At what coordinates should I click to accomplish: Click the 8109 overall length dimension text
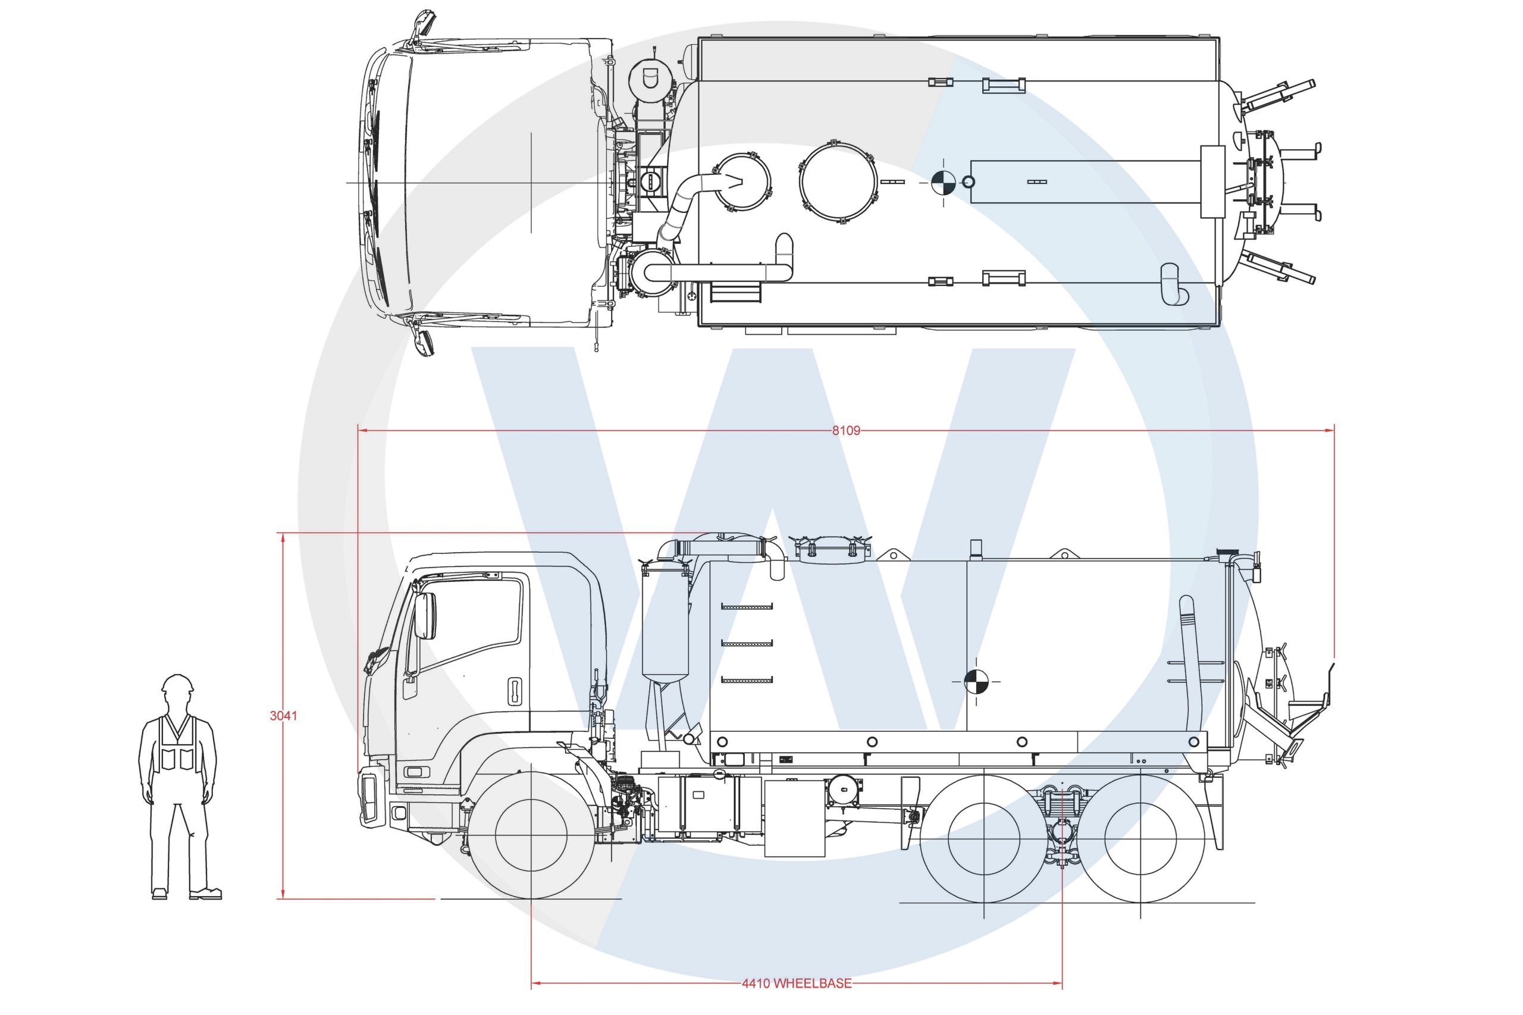[845, 431]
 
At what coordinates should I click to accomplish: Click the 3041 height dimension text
[283, 715]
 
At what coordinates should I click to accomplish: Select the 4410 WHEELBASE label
[796, 1001]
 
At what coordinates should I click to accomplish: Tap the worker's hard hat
[177, 684]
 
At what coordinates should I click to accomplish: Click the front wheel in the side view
[531, 835]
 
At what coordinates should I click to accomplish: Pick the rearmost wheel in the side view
[1140, 839]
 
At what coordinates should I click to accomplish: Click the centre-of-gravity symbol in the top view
[943, 183]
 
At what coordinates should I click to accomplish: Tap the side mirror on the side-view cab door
[425, 615]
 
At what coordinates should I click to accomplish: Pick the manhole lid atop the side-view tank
[828, 550]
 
